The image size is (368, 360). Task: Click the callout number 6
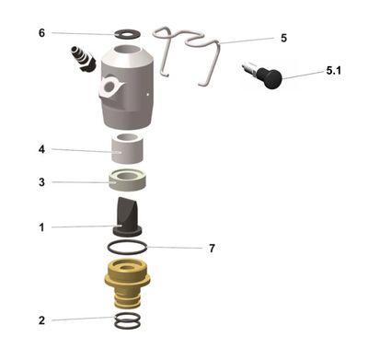tap(41, 32)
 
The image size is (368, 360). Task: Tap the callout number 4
tap(41, 148)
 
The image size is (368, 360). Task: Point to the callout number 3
tap(41, 182)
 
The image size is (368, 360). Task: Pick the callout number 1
tap(41, 226)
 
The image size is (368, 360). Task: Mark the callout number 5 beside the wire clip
tap(283, 39)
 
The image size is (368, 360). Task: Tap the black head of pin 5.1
tap(270, 79)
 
